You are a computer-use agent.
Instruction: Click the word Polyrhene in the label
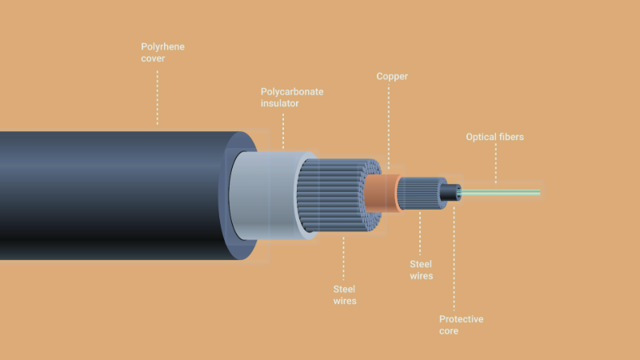[162, 47]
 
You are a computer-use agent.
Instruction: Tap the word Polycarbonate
[292, 92]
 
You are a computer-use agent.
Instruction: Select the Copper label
[392, 76]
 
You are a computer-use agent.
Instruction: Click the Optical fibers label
[494, 137]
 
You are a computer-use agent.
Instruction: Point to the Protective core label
[462, 325]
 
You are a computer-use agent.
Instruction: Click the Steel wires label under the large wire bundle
[345, 295]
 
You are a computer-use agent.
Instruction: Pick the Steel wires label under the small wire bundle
[422, 270]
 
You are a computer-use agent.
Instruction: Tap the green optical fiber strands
[500, 192]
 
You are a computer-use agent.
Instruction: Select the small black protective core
[450, 192]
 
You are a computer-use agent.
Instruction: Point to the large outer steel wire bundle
[338, 195]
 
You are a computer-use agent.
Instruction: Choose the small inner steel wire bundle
[422, 193]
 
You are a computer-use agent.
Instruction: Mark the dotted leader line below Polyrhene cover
[157, 98]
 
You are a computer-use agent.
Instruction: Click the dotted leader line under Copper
[389, 126]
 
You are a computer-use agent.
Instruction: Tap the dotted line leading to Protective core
[454, 258]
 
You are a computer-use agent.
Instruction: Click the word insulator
[279, 103]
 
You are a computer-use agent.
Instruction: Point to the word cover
[153, 58]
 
